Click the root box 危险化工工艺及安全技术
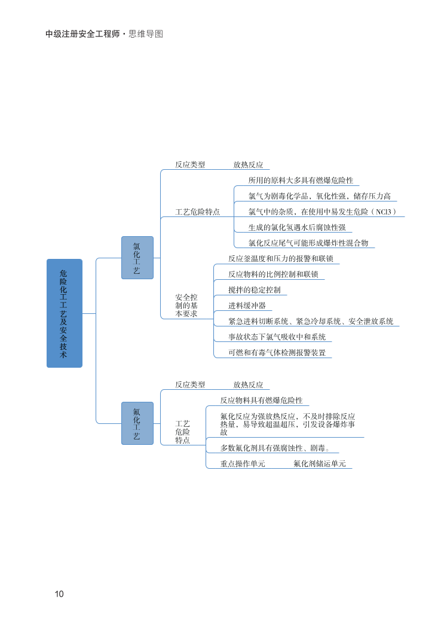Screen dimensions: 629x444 point(64,313)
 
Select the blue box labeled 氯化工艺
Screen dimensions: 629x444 point(137,258)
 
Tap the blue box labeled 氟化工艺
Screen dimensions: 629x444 point(137,423)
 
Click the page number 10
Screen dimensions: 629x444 point(59,594)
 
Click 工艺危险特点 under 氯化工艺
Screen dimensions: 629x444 point(197,212)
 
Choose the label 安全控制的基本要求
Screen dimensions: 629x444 point(186,306)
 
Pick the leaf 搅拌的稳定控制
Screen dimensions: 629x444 point(254,290)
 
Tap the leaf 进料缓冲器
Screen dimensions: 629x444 point(247,306)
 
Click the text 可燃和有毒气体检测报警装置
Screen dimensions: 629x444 point(277,353)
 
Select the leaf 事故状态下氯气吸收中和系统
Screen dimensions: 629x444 point(277,337)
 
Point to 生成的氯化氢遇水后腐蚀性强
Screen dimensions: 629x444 point(297,227)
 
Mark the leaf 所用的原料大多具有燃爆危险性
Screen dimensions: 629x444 point(301,180)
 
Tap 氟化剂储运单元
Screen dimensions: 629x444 point(319,463)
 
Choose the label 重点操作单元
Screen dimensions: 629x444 point(243,463)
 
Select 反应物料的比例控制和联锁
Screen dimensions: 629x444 point(273,274)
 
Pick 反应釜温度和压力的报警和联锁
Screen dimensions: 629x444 point(280,259)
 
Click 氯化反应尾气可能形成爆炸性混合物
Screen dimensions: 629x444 point(308,243)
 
